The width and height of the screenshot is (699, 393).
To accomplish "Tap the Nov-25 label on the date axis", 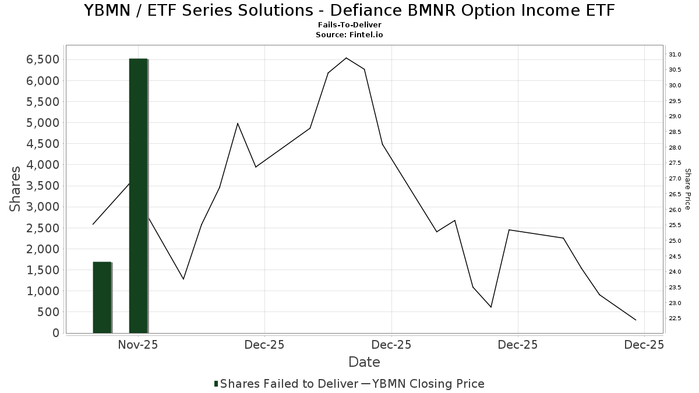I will [x=138, y=345].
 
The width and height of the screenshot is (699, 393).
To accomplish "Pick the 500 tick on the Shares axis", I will [x=48, y=312].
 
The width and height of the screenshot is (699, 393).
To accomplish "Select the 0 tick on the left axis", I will [x=55, y=333].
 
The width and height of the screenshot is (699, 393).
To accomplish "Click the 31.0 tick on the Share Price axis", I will [x=675, y=55].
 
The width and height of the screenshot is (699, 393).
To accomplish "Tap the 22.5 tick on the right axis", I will [x=675, y=318].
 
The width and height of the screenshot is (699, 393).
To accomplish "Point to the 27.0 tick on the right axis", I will [x=675, y=179].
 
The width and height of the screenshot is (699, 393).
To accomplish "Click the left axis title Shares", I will [x=16, y=189].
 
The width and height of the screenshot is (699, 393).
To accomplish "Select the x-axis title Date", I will [x=364, y=362].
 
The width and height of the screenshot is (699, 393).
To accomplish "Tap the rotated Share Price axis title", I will [x=688, y=189].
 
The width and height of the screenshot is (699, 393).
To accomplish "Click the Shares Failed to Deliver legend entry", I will [x=286, y=384].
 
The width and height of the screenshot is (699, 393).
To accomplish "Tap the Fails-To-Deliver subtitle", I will [x=349, y=26].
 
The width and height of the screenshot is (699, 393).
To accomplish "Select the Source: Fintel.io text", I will [x=349, y=35].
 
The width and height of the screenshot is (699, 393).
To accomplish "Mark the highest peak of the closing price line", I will [x=346, y=58].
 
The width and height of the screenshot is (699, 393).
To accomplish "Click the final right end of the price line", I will [x=636, y=320].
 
